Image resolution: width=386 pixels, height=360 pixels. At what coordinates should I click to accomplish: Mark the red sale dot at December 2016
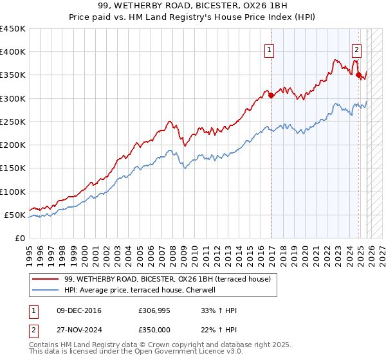click(271, 95)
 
